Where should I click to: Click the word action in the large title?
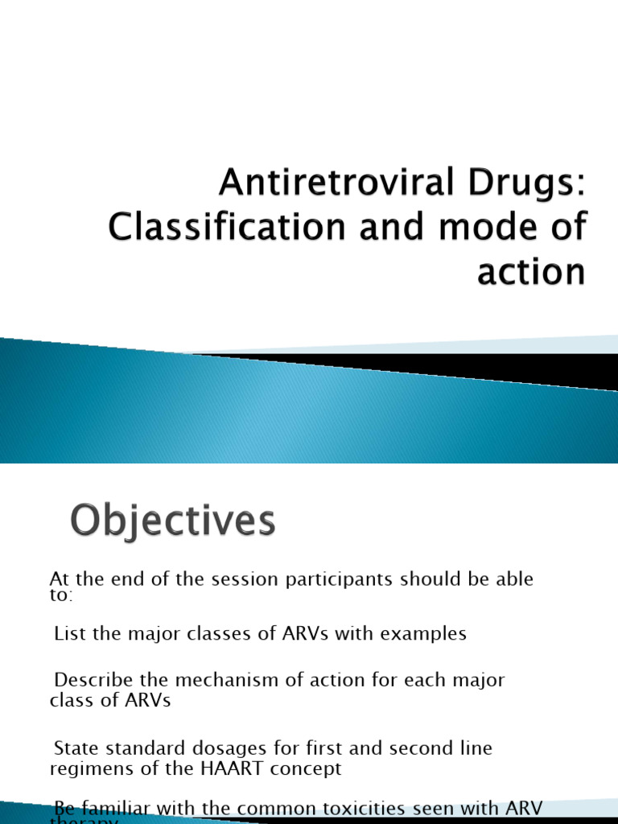click(531, 271)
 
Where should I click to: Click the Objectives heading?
click(171, 521)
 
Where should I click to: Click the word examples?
click(423, 633)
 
